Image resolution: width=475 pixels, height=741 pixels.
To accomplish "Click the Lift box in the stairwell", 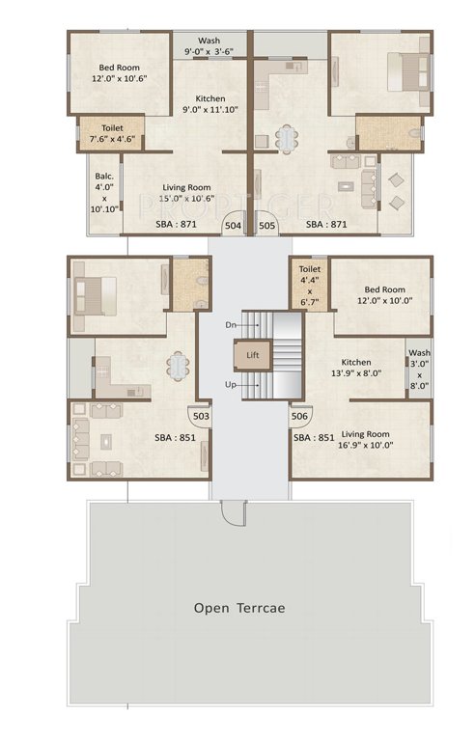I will (x=251, y=355).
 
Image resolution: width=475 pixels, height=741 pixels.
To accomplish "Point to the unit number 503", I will (x=201, y=416).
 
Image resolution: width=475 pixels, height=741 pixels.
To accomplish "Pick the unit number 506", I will (x=300, y=416).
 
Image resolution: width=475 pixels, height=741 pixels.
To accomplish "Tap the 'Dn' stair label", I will (x=229, y=325).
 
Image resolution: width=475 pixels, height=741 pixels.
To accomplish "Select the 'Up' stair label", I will (x=229, y=385).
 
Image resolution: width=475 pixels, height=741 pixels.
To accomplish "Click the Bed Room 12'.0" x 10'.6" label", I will (x=118, y=74).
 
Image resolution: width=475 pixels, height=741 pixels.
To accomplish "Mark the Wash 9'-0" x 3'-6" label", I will (x=209, y=46).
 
